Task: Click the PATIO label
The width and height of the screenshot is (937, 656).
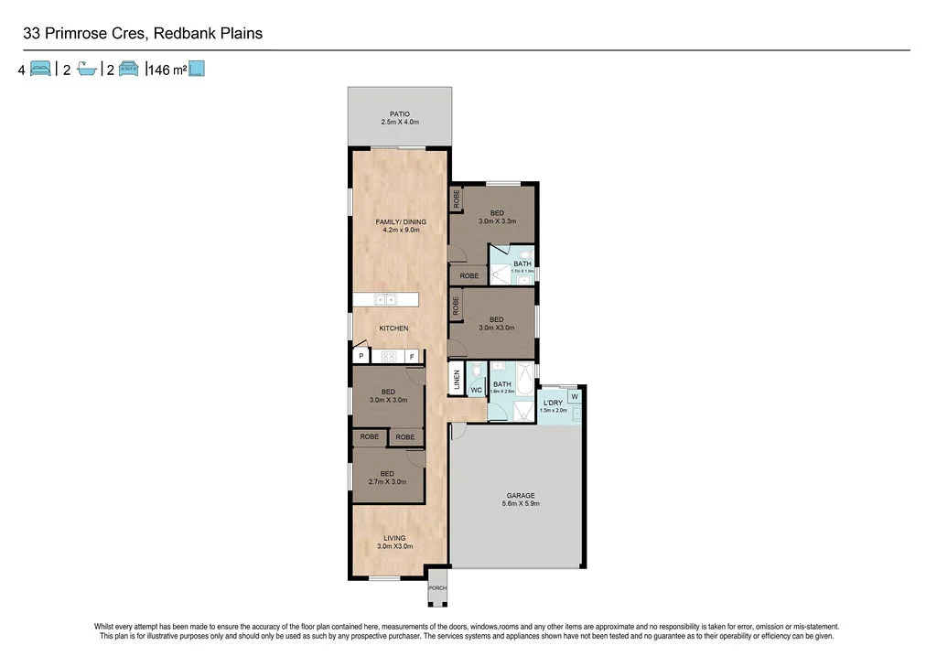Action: [399, 114]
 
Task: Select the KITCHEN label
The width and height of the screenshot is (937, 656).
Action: [393, 328]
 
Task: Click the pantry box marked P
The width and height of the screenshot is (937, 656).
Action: [361, 356]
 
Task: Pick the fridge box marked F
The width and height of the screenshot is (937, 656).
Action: [412, 356]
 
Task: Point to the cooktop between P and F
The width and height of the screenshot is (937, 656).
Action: [387, 356]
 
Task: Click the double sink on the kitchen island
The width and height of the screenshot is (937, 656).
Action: [385, 299]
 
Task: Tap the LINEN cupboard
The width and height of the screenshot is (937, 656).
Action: [457, 381]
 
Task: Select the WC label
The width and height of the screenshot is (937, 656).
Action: [476, 391]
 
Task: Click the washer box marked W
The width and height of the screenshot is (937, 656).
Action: [574, 396]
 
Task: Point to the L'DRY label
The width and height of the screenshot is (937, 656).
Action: [553, 403]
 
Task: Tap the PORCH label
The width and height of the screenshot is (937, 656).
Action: [437, 588]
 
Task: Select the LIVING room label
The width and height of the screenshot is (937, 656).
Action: [394, 538]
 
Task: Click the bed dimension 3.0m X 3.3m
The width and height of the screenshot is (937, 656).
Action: [498, 220]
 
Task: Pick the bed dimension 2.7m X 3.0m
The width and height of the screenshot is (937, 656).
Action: [387, 481]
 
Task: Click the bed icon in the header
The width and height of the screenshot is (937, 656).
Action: [40, 69]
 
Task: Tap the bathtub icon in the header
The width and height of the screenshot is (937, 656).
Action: [87, 69]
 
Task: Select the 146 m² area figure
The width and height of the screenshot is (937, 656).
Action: [167, 69]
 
